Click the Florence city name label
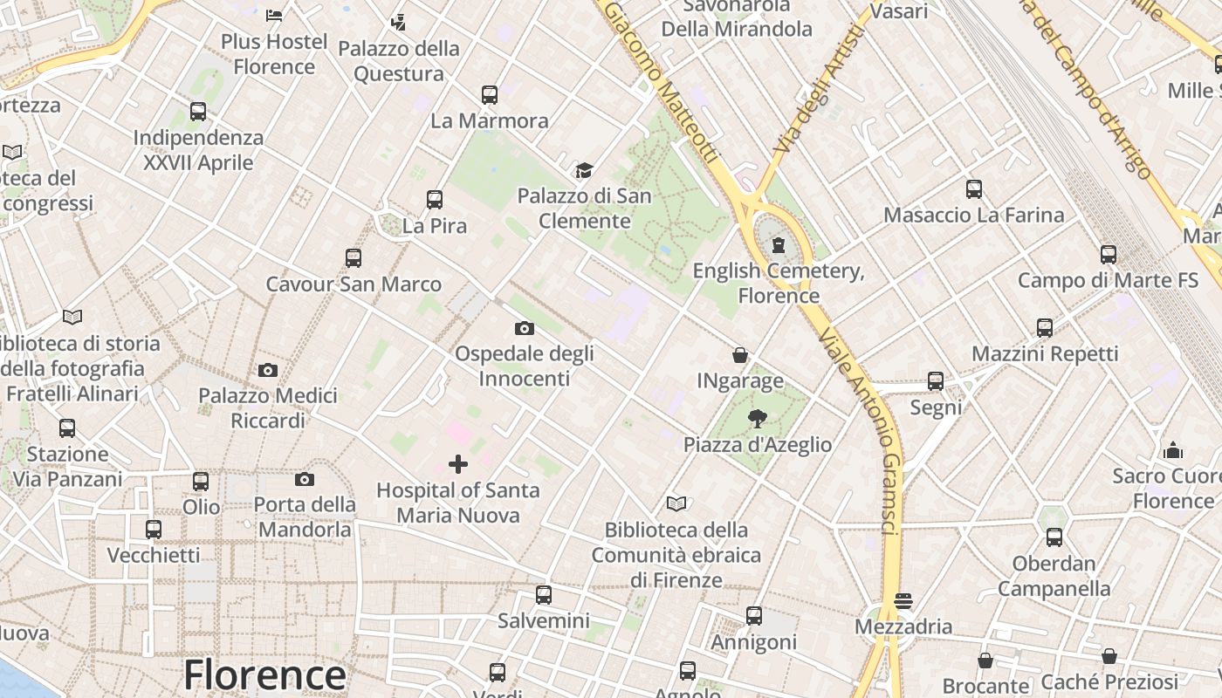(x=264, y=675)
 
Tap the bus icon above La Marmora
(x=490, y=94)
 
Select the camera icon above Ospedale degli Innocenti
(x=525, y=328)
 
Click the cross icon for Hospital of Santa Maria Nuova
(x=458, y=464)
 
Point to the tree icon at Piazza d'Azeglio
(x=757, y=420)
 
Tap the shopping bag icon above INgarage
(x=740, y=355)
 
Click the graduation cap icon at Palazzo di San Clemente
(x=583, y=170)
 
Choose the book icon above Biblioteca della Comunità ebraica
(x=676, y=503)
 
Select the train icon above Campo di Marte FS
(x=1109, y=255)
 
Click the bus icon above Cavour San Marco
(x=354, y=258)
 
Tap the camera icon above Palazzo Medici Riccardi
(x=268, y=370)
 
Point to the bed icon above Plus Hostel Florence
(x=274, y=16)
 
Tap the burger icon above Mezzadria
(x=903, y=601)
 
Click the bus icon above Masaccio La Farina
(x=974, y=189)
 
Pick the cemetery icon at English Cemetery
(x=779, y=245)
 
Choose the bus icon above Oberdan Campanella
(x=1054, y=537)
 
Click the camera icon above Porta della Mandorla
(x=305, y=479)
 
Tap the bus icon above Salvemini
(x=544, y=595)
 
